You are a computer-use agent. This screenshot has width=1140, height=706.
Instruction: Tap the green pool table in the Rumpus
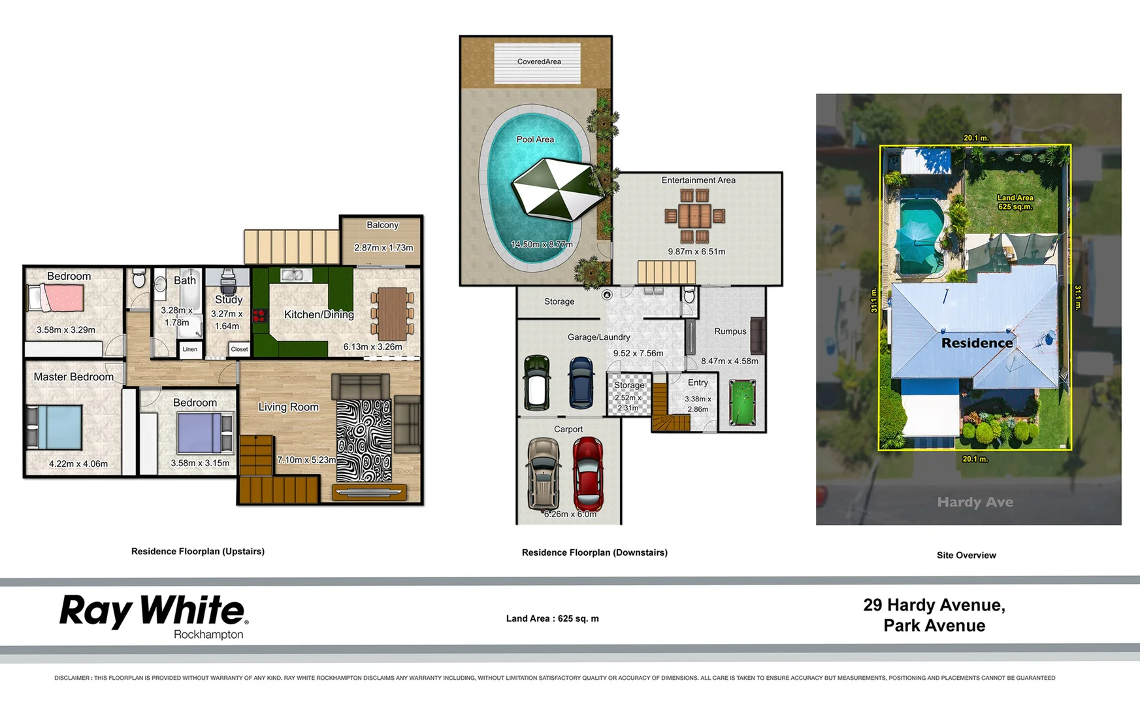[x=742, y=403]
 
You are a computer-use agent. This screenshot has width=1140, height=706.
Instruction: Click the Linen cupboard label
[x=190, y=350]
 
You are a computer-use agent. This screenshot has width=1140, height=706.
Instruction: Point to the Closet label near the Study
[x=239, y=350]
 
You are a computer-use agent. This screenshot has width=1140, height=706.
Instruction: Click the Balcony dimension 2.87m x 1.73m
[x=383, y=248]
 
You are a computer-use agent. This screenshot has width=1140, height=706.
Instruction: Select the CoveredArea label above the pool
[x=539, y=62]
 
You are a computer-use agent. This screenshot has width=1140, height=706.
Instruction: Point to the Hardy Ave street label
[x=975, y=502]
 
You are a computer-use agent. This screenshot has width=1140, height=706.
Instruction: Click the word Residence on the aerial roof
[x=977, y=343]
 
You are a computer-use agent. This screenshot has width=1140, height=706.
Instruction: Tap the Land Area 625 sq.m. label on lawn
[x=1015, y=202]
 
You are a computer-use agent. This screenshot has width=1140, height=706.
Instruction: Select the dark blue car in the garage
[x=580, y=383]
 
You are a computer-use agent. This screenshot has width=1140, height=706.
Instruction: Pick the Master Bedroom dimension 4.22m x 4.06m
[x=78, y=464]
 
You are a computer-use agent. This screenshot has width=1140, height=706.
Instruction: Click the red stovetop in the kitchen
[x=259, y=316]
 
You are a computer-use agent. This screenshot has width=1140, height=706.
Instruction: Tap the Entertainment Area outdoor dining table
[x=694, y=215]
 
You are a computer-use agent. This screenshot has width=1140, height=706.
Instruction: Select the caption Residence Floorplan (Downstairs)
[x=594, y=553]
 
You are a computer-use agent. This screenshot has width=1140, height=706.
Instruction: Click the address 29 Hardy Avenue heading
[x=934, y=606]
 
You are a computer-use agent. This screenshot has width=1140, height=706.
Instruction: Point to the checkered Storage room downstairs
[x=628, y=394]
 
